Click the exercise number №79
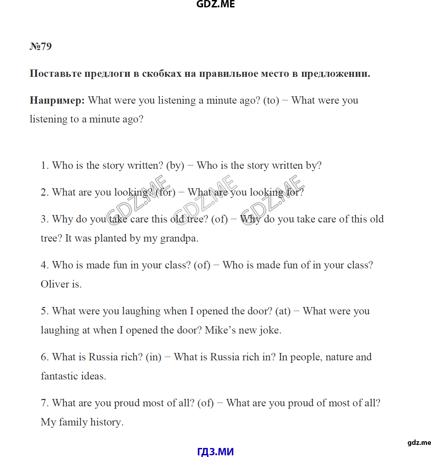[x=41, y=46]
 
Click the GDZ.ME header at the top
[x=215, y=4]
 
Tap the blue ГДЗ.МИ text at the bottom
[x=215, y=452]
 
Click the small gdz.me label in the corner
[x=419, y=443]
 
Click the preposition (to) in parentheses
[x=271, y=100]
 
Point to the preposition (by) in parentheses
[x=175, y=165]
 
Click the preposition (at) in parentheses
[x=283, y=311]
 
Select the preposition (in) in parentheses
[x=153, y=357]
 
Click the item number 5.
[x=44, y=311]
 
